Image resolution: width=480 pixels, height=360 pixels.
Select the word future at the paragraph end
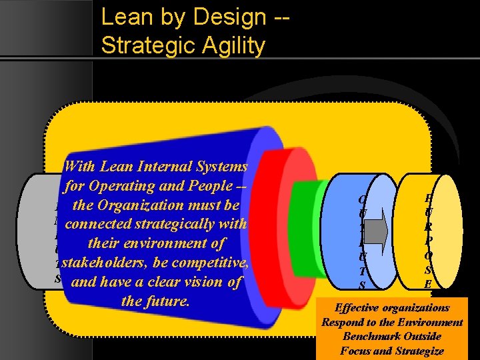click(169, 301)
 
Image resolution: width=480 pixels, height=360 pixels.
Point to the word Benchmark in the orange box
click(372, 337)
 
